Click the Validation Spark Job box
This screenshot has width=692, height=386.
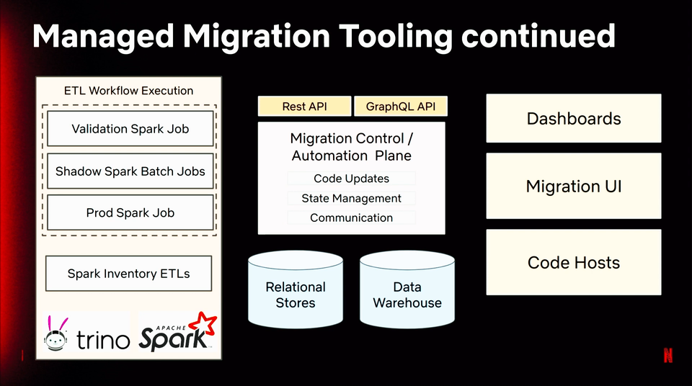(130, 128)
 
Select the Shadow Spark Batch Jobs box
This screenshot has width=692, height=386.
(130, 171)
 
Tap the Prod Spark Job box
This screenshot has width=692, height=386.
(130, 212)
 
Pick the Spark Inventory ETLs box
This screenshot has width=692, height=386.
(128, 274)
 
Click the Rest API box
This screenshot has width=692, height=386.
(304, 107)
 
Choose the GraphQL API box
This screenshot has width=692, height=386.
(401, 107)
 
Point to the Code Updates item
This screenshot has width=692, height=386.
(351, 178)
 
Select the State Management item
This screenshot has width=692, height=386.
(351, 198)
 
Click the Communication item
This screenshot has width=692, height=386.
(351, 217)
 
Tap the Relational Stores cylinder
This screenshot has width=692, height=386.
(296, 289)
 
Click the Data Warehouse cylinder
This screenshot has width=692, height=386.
(407, 289)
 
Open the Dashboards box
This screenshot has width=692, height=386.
(574, 118)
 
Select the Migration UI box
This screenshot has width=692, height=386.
(574, 186)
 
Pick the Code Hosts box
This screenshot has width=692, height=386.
(574, 262)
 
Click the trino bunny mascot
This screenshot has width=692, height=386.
(56, 334)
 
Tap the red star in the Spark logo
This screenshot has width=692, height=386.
(203, 325)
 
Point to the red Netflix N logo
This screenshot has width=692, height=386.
(668, 355)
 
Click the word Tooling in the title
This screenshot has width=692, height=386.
(396, 37)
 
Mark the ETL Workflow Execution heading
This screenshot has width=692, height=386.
(128, 91)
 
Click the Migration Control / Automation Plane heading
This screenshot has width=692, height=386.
(351, 147)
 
